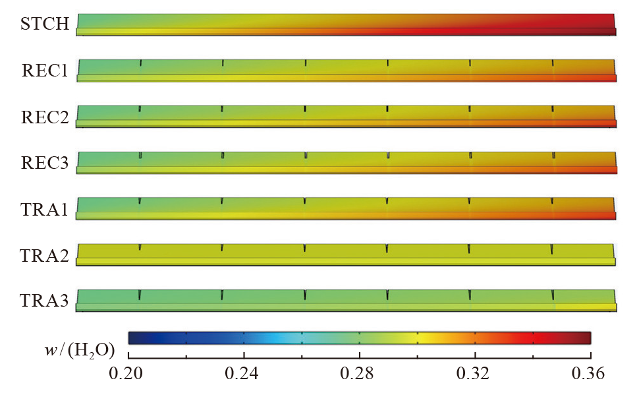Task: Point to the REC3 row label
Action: (45, 162)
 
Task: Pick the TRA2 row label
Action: (45, 254)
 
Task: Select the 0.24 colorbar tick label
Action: (244, 374)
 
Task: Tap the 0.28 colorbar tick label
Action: (359, 374)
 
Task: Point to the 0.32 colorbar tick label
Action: (474, 374)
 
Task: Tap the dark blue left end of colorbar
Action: (133, 338)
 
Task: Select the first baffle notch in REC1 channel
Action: (140, 63)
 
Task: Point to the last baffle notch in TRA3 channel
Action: (553, 294)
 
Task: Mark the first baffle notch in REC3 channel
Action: (140, 155)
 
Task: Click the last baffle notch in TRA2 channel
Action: (552, 249)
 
